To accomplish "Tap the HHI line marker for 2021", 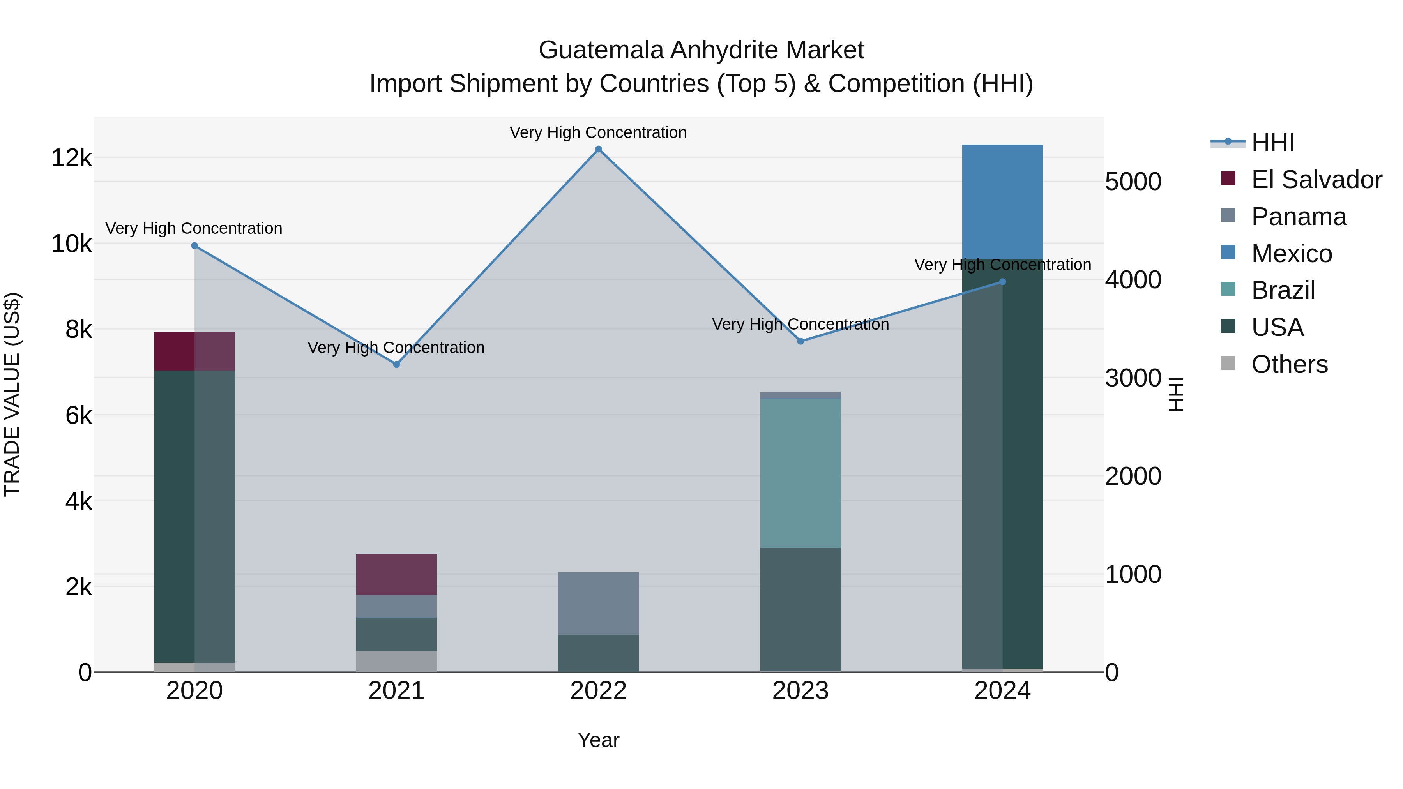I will click(x=396, y=364).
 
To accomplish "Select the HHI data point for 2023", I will click(x=800, y=341).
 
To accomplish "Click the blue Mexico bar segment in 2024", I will click(x=1002, y=201).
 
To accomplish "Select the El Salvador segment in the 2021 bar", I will click(x=396, y=574).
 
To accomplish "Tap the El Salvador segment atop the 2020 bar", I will click(x=194, y=351).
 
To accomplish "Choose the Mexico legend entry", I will click(x=1291, y=254).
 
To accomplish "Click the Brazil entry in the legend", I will click(x=1283, y=290).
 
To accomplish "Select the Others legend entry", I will click(x=1289, y=364).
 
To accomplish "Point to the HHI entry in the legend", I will click(x=1272, y=143).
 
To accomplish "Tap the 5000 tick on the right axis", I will click(x=1133, y=182).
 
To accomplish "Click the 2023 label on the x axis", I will click(x=800, y=691).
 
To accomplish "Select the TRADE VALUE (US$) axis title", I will click(x=12, y=394).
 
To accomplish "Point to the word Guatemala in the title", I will click(x=601, y=50).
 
